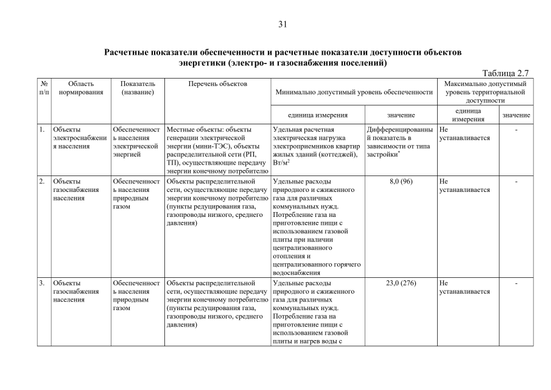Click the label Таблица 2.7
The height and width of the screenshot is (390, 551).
(x=505, y=73)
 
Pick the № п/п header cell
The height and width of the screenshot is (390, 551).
(x=43, y=88)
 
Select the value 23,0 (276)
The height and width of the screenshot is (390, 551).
(x=401, y=283)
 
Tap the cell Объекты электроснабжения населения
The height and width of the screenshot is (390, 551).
(x=79, y=138)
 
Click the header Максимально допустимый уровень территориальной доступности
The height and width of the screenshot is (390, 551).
(x=485, y=91)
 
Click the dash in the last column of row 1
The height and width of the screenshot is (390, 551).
(x=516, y=130)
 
